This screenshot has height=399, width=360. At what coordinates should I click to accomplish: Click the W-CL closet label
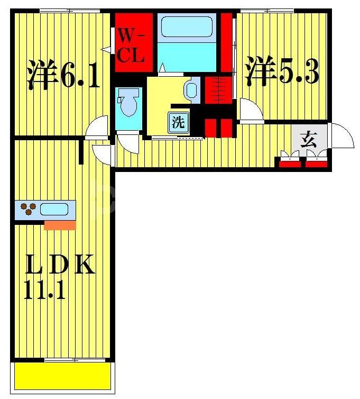[131, 47]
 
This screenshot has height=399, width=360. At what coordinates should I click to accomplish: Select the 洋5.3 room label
[281, 73]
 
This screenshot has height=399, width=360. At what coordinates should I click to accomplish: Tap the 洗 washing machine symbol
[178, 123]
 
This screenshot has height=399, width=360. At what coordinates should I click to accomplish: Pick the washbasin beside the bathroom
[191, 90]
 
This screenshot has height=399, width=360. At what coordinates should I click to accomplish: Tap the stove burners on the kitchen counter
[28, 210]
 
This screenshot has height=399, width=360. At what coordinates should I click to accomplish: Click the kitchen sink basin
[54, 209]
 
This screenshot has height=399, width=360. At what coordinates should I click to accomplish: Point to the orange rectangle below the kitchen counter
[60, 225]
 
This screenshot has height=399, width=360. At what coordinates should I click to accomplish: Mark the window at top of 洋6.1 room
[62, 10]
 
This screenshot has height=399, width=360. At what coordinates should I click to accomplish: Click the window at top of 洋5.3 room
[266, 10]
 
